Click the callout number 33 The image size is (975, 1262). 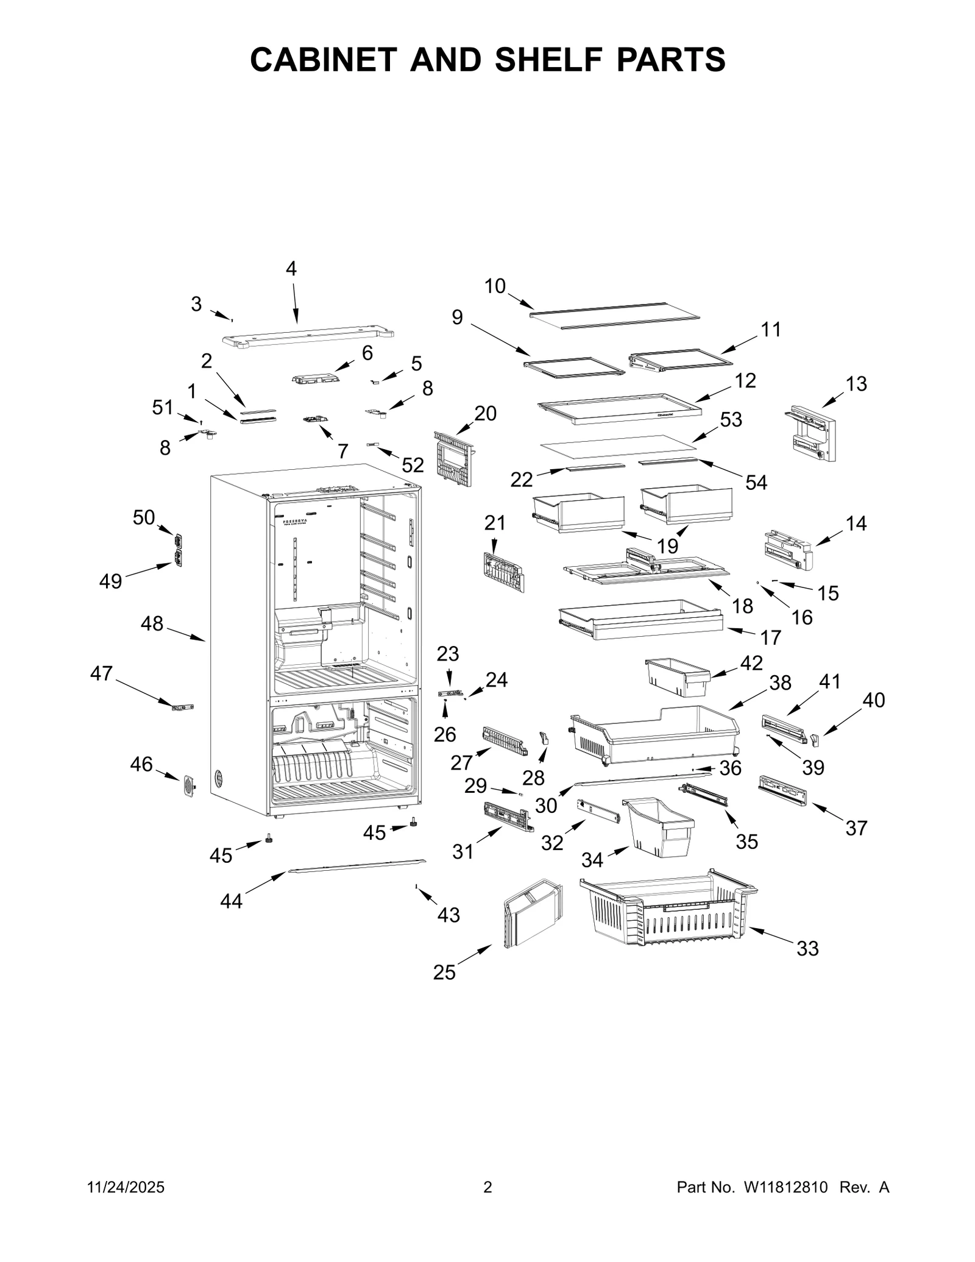[807, 949]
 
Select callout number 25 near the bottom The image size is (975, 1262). [444, 973]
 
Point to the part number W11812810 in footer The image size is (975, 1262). [785, 1187]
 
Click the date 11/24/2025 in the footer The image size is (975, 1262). [126, 1187]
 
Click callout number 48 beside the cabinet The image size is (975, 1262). [152, 623]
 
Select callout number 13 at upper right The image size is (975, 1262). [856, 384]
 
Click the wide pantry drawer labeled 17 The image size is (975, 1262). [640, 620]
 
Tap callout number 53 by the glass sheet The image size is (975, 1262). [731, 419]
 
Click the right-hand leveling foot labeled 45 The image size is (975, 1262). [414, 823]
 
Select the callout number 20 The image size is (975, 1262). [485, 413]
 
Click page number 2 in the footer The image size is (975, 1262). [487, 1187]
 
